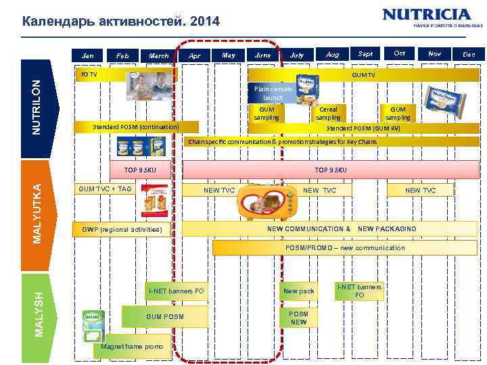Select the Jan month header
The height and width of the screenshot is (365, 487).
[x=88, y=55]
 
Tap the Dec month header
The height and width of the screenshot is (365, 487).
[x=469, y=54]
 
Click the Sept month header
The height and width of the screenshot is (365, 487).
[x=365, y=53]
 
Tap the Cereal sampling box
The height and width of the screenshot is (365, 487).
[x=329, y=113]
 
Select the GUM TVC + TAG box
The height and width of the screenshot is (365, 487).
[x=105, y=189]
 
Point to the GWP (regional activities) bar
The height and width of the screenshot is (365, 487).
[x=122, y=229]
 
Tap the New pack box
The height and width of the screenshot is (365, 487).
[x=298, y=291]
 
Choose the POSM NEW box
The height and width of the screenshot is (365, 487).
[x=298, y=318]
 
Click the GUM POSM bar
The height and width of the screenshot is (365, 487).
[x=164, y=316]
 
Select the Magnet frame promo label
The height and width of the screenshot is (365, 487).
[x=132, y=347]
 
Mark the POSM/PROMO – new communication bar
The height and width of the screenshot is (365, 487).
[x=345, y=248]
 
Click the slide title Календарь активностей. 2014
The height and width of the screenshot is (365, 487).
[x=121, y=22]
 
